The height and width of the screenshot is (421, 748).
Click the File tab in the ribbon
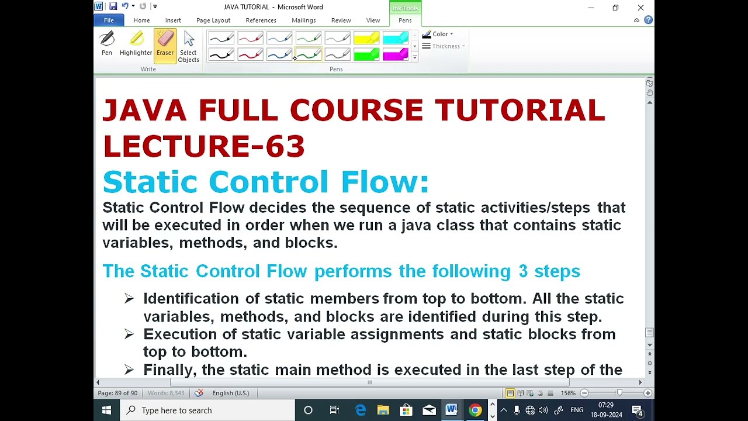click(x=109, y=20)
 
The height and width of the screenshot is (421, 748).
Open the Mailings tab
click(x=303, y=20)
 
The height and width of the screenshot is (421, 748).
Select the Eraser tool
click(x=165, y=45)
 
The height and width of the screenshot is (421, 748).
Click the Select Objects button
click(x=188, y=46)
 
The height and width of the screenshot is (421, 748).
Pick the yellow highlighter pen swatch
click(x=366, y=39)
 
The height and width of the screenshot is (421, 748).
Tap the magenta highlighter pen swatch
click(x=396, y=55)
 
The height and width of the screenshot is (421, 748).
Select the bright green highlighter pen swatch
click(x=366, y=55)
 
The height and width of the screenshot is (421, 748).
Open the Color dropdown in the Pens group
click(x=438, y=34)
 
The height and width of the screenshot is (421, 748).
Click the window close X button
click(x=640, y=8)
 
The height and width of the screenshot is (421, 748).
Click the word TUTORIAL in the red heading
click(x=520, y=111)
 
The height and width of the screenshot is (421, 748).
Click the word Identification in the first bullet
click(x=191, y=299)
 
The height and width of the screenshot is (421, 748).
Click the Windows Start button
click(x=106, y=410)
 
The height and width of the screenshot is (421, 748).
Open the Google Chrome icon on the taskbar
click(x=475, y=410)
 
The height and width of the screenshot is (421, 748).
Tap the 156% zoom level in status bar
click(x=568, y=394)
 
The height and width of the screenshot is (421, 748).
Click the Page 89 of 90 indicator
click(x=117, y=394)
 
